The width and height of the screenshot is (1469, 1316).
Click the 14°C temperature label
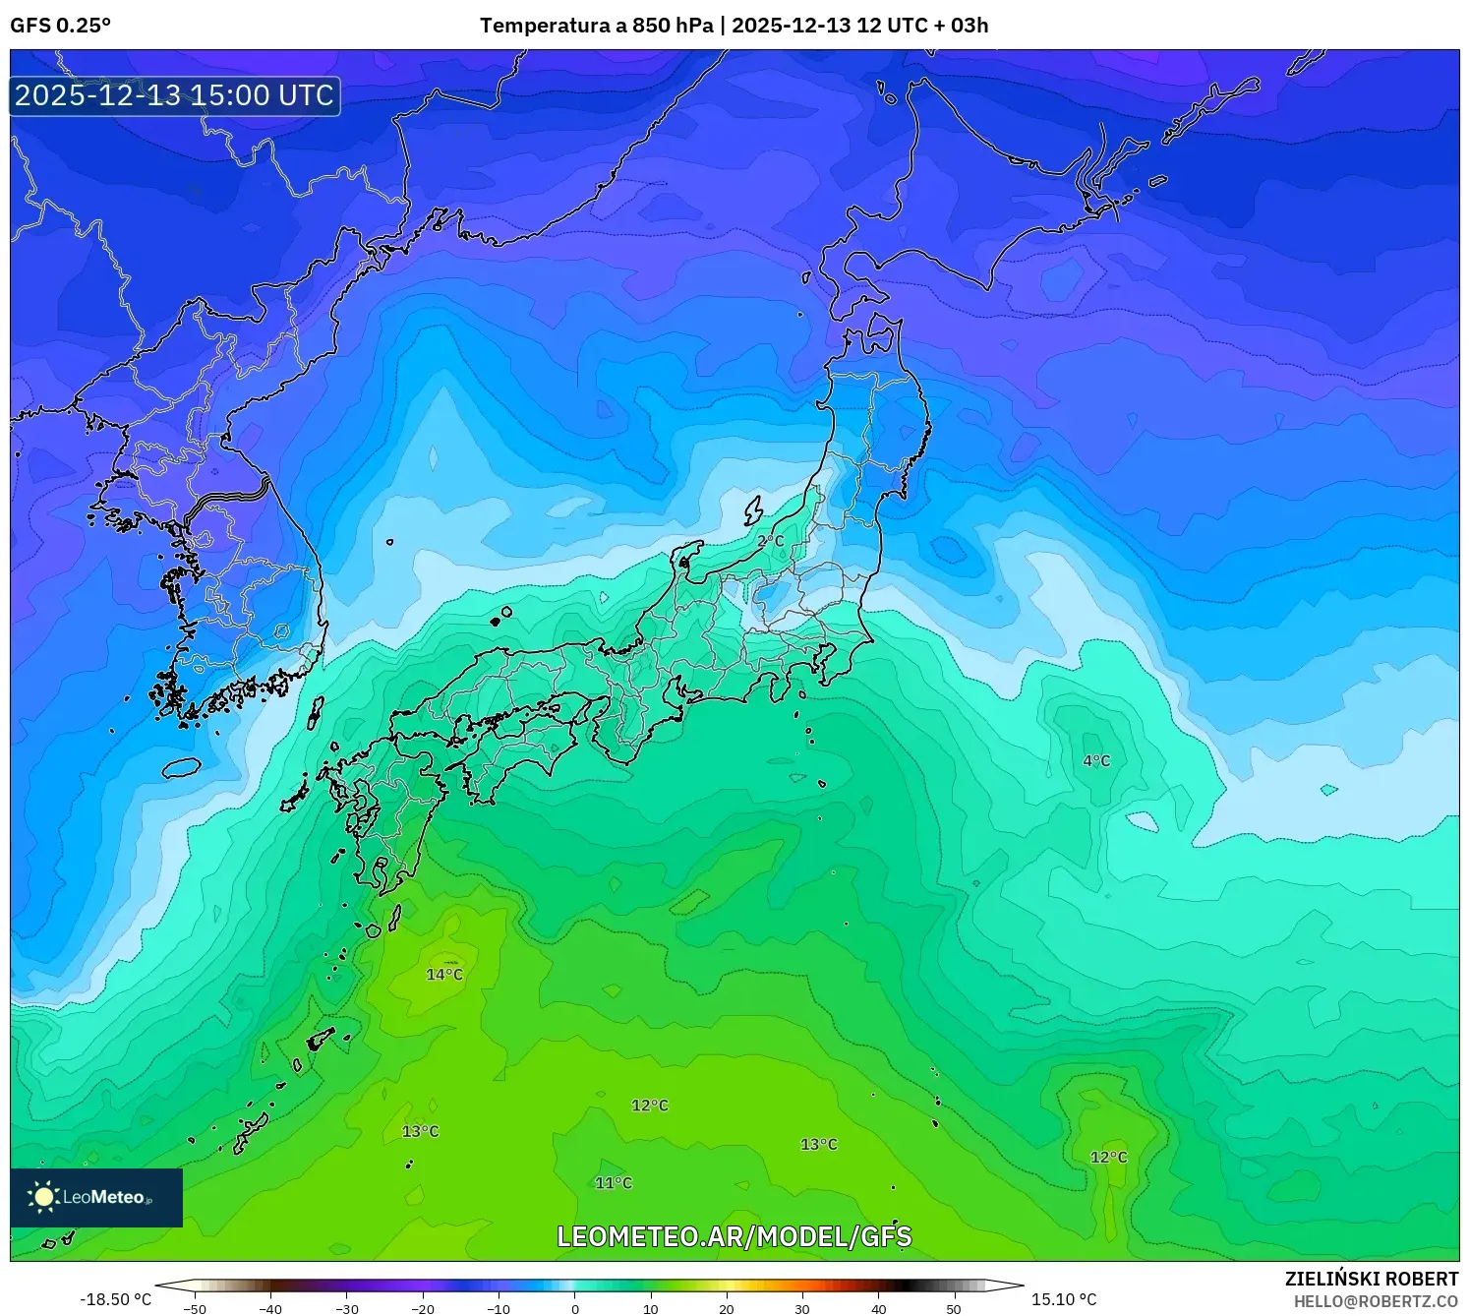click(x=444, y=975)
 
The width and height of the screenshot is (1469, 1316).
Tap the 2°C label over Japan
click(x=770, y=542)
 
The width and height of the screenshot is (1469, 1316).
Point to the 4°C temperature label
click(x=1096, y=761)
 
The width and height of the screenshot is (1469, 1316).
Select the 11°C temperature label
click(x=614, y=1183)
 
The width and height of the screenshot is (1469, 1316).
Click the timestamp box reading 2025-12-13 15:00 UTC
click(x=175, y=95)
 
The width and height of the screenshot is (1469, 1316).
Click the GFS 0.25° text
click(x=60, y=26)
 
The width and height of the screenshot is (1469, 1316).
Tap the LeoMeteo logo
click(x=96, y=1197)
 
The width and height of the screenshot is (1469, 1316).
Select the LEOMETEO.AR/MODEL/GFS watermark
click(x=734, y=1236)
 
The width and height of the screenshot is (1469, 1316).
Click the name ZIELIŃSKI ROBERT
click(x=1372, y=1279)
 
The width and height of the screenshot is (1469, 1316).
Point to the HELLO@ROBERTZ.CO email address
click(x=1376, y=1301)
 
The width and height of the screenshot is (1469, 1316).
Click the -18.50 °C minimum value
click(x=116, y=1299)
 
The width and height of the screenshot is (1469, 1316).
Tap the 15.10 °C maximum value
click(x=1064, y=1299)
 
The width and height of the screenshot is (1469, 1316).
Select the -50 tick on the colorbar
click(x=195, y=1309)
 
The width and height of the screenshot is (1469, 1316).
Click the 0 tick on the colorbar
click(x=575, y=1309)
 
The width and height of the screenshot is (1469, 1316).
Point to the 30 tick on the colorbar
click(x=802, y=1309)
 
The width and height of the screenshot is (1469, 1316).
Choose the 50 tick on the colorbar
click(x=954, y=1309)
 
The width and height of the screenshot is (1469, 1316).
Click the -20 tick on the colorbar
click(x=422, y=1309)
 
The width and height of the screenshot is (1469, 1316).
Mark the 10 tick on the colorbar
click(x=651, y=1309)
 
